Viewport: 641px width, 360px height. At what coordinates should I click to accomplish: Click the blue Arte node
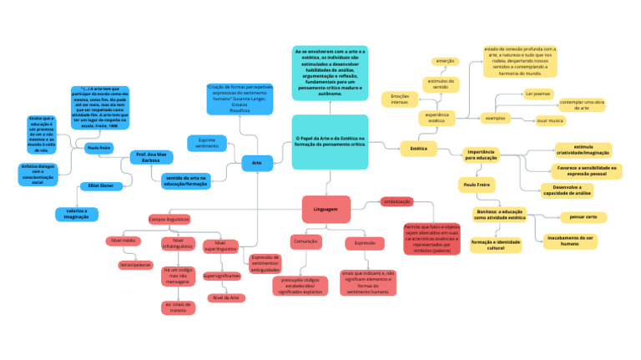click(257, 164)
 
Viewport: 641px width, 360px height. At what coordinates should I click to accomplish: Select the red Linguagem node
click(326, 209)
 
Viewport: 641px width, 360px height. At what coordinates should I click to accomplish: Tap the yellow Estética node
click(419, 148)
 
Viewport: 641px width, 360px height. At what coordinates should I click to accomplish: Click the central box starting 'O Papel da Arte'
click(331, 141)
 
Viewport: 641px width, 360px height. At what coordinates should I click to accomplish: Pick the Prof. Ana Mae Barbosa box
click(152, 157)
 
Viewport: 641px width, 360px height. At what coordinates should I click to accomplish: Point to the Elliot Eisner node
click(101, 185)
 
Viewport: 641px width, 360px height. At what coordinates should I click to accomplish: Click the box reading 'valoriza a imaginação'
click(77, 214)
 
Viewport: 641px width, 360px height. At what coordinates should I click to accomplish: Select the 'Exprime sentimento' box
click(206, 143)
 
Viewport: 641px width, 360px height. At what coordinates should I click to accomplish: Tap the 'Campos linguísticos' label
click(169, 219)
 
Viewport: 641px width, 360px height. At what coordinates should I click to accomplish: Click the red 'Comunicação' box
click(305, 242)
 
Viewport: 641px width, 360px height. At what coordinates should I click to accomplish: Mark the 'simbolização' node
click(396, 202)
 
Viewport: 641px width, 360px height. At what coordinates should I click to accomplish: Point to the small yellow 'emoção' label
click(445, 61)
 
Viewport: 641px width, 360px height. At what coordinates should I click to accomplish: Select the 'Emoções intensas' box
click(400, 99)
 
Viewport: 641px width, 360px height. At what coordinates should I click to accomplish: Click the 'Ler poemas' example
click(538, 94)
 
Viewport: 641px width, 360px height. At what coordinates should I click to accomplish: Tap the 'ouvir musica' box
click(550, 120)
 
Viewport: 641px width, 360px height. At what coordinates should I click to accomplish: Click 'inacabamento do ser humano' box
click(570, 241)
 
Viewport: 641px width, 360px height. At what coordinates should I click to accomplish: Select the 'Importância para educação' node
click(482, 155)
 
